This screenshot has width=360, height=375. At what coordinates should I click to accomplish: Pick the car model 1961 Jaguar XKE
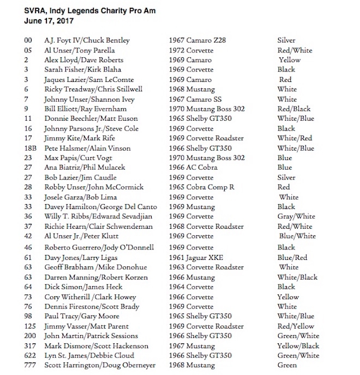coord(199,257)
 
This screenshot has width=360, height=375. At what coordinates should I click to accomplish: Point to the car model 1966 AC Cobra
coord(196,168)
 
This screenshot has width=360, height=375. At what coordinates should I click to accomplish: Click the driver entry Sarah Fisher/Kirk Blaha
coord(83,70)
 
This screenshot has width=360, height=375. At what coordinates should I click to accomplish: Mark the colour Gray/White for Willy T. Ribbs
coord(295,217)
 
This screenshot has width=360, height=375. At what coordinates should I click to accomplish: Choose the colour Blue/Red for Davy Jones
coord(292,257)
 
